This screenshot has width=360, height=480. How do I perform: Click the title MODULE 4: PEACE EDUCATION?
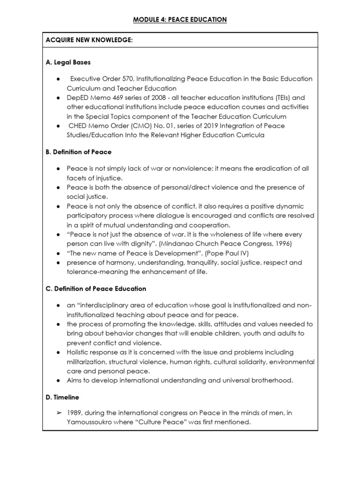(180, 19)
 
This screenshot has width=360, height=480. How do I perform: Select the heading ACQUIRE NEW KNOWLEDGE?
(89, 41)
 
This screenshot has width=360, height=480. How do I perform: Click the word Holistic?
(79, 352)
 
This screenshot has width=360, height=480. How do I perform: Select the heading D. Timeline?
(62, 397)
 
